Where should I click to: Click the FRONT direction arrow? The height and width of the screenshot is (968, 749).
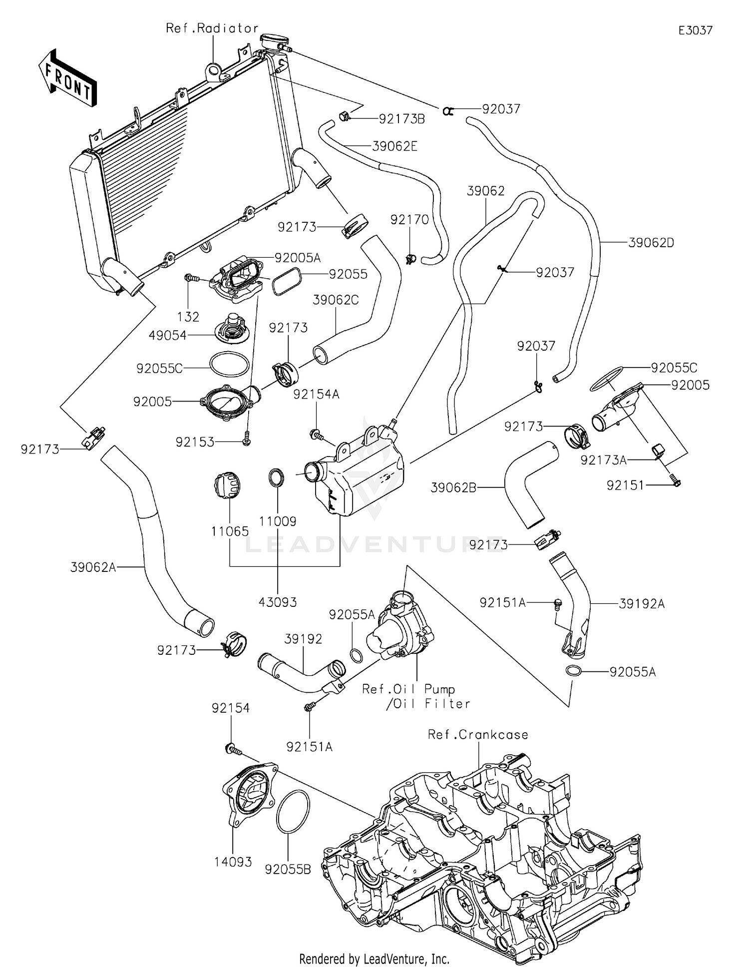tap(67, 78)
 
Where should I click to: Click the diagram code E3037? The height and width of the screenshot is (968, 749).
tap(695, 30)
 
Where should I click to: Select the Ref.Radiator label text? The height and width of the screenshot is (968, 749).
tap(212, 28)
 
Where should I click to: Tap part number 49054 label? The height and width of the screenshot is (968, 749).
tap(168, 336)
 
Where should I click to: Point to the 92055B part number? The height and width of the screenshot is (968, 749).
tap(288, 870)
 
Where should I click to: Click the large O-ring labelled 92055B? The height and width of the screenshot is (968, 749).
tap(293, 812)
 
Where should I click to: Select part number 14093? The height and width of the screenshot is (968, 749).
tap(233, 862)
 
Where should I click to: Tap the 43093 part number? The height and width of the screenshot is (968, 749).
tap(278, 602)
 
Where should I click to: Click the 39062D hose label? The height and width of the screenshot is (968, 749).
tap(651, 243)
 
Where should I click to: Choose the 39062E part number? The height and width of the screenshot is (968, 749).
tap(394, 146)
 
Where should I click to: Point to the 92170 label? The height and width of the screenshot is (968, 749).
tap(409, 220)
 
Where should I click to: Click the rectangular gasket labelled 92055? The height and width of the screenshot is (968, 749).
tap(286, 281)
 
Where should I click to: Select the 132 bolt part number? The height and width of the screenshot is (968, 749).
tap(188, 317)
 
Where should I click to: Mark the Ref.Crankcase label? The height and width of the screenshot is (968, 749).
tap(477, 735)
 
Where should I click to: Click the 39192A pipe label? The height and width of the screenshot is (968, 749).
tap(642, 604)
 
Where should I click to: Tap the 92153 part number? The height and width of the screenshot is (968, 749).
tap(195, 442)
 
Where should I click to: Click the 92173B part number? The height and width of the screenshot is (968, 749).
tap(401, 119)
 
